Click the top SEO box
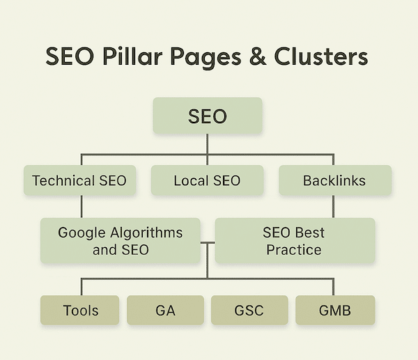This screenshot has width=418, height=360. [208, 116]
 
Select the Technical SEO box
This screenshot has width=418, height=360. [79, 180]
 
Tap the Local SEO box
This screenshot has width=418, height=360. [207, 180]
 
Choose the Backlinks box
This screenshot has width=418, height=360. [335, 180]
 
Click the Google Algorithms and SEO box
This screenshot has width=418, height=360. [121, 241]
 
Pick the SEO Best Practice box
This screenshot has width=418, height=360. [295, 241]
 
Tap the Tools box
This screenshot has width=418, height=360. [79, 310]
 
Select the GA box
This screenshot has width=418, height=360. [165, 310]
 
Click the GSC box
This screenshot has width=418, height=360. [249, 310]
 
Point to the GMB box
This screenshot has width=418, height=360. [335, 310]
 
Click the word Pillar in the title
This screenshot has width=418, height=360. [132, 56]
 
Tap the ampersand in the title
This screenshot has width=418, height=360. [258, 56]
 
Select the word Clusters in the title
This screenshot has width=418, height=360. [321, 56]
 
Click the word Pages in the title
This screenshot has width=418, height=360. [206, 58]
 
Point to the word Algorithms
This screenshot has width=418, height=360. [146, 233]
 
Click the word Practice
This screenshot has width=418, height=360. [294, 250]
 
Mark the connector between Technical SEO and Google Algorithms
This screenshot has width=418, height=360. [82, 207]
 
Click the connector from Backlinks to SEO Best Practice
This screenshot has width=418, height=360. [333, 207]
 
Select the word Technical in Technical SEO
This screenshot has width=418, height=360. [63, 180]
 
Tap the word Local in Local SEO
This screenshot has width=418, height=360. [191, 180]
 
